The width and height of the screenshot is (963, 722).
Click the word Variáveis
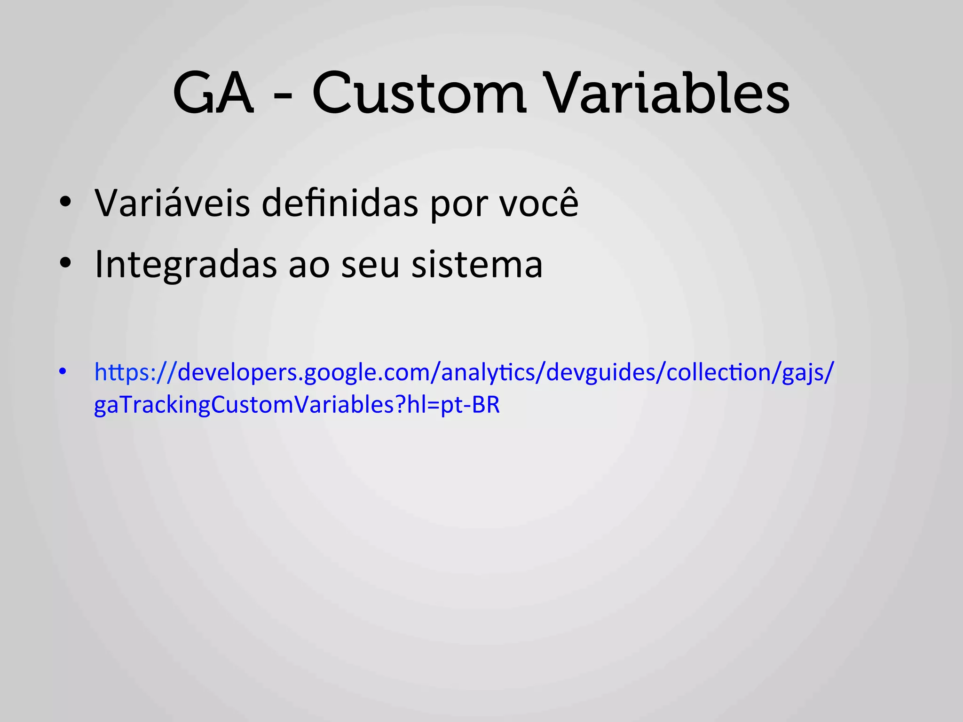(172, 203)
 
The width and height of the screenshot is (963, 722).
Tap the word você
(539, 203)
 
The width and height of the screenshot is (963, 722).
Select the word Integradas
(186, 264)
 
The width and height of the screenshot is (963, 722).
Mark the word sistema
(477, 264)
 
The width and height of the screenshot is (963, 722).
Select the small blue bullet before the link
(63, 371)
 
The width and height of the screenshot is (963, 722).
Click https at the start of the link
(120, 372)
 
